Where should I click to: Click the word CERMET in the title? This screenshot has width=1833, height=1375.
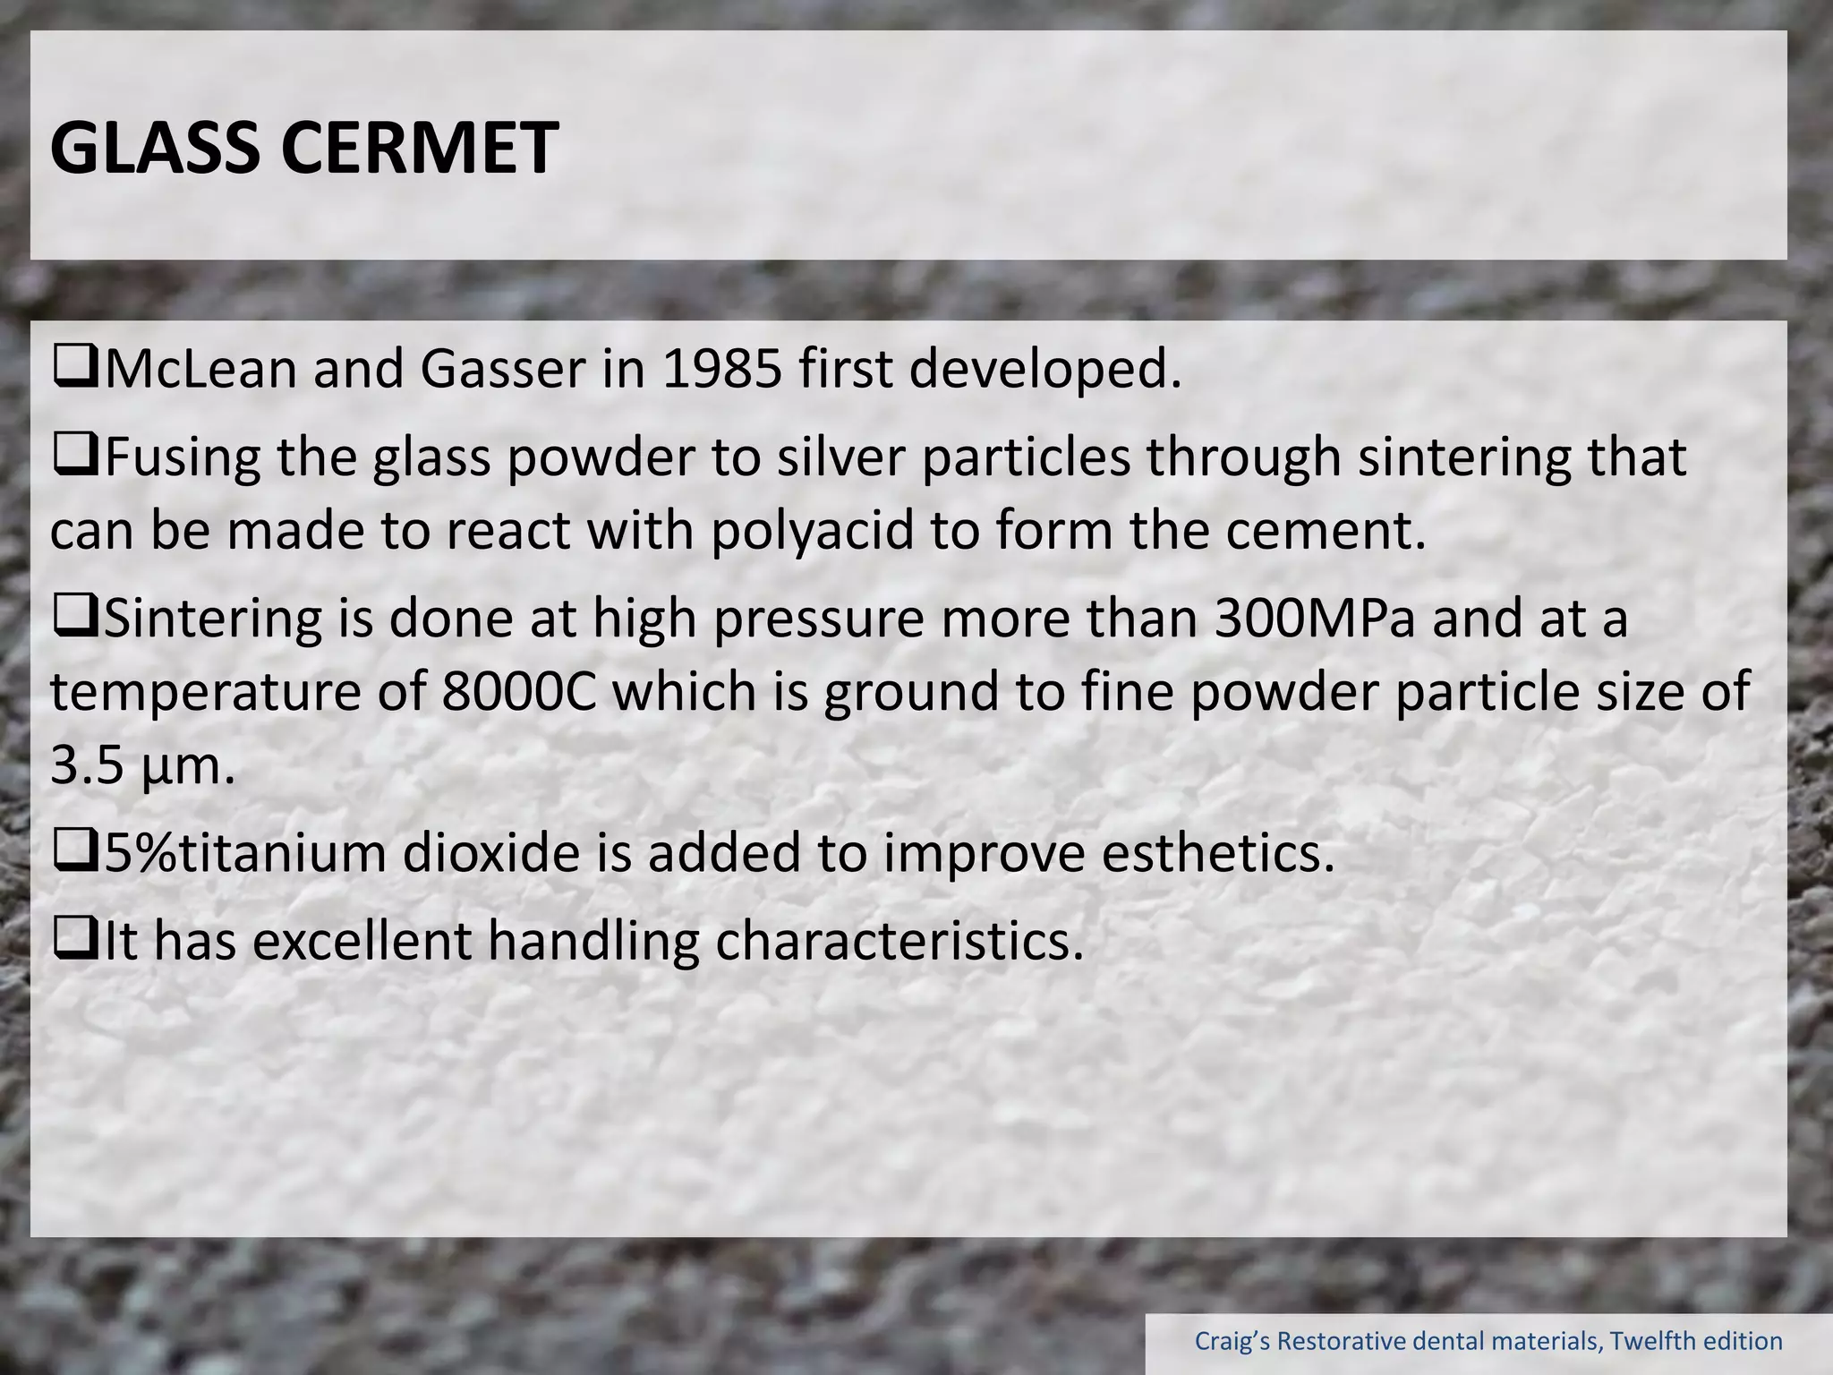(x=420, y=148)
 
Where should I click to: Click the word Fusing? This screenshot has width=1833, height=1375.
(x=183, y=457)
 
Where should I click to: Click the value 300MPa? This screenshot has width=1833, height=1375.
(x=1315, y=619)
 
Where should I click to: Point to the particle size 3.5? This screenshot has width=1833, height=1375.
(x=87, y=766)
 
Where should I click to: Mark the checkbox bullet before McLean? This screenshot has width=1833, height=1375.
(x=76, y=369)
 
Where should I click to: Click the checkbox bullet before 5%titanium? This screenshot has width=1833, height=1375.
(x=76, y=853)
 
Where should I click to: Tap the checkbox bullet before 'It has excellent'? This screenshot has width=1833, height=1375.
(x=76, y=941)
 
